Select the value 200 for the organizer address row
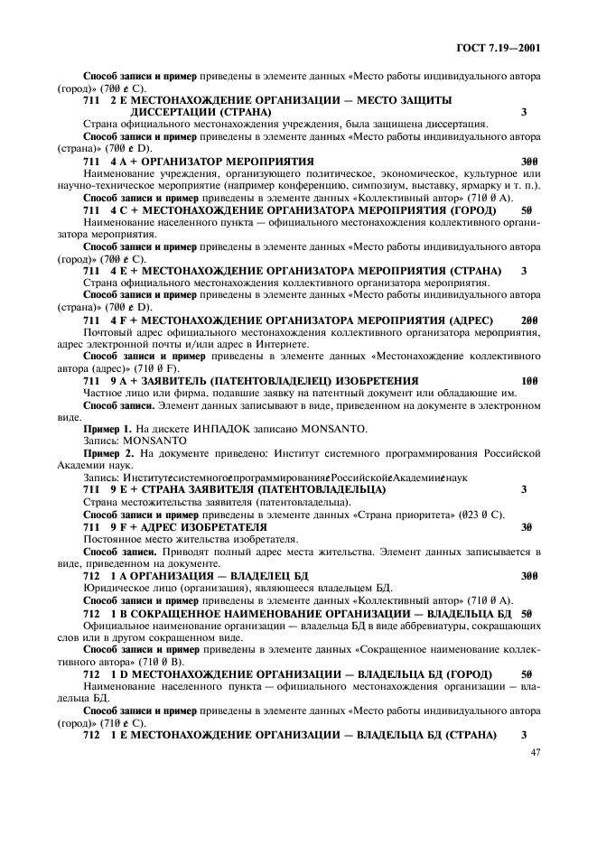(528, 320)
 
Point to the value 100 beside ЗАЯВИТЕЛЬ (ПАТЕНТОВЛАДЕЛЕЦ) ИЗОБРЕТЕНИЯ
(528, 380)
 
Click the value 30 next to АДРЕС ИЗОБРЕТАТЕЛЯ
(526, 525)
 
